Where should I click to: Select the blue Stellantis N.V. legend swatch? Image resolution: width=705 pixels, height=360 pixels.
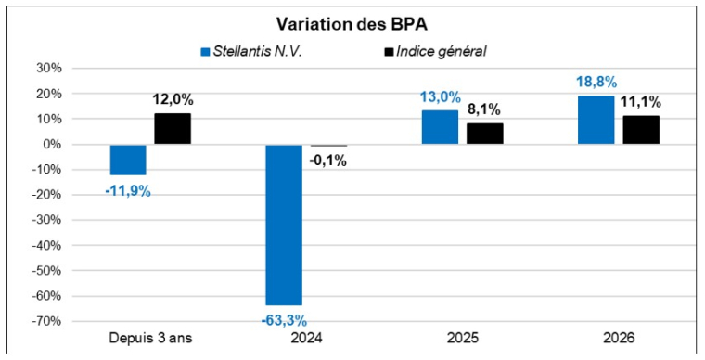[205, 51]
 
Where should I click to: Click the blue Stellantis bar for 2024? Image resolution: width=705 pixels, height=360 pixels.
[284, 225]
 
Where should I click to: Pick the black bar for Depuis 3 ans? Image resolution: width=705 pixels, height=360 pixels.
[173, 129]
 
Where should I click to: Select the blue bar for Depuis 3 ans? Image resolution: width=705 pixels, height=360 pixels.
[128, 160]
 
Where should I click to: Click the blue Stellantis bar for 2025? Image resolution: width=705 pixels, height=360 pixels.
[440, 127]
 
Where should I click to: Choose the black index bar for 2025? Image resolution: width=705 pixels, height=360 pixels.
[484, 134]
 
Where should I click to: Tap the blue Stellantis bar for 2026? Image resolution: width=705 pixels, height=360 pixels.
[596, 120]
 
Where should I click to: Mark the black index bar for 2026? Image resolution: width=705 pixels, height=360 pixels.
[640, 130]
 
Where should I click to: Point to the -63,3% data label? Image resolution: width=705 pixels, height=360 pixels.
[284, 320]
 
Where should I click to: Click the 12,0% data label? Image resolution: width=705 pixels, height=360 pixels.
[173, 99]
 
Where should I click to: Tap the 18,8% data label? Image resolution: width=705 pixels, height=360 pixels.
[596, 82]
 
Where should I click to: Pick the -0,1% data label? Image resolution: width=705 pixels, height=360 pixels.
[328, 161]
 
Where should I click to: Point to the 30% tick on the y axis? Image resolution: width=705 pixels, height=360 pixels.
[47, 69]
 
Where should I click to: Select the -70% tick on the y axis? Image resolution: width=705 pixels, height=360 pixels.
[45, 321]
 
